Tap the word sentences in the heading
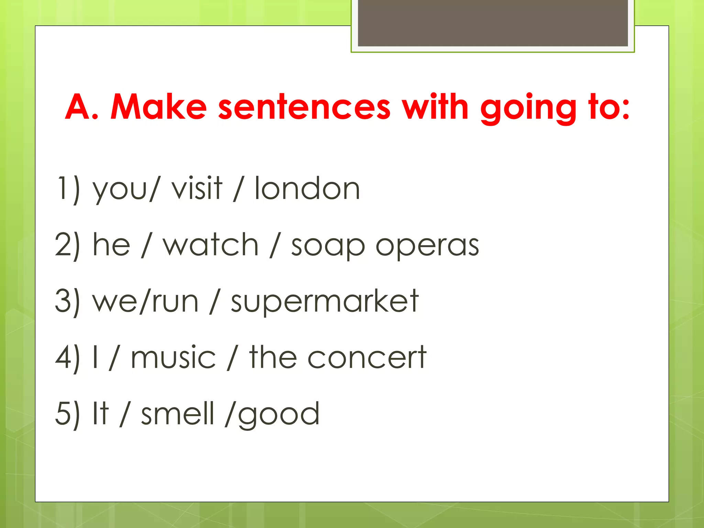tap(305, 107)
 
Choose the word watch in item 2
tap(210, 245)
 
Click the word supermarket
tap(324, 302)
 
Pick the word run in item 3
tap(175, 302)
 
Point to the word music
tap(173, 357)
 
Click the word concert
tap(366, 357)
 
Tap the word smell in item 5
tap(178, 413)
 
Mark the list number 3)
tap(67, 301)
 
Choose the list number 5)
tap(67, 413)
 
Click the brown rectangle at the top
tap(493, 23)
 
